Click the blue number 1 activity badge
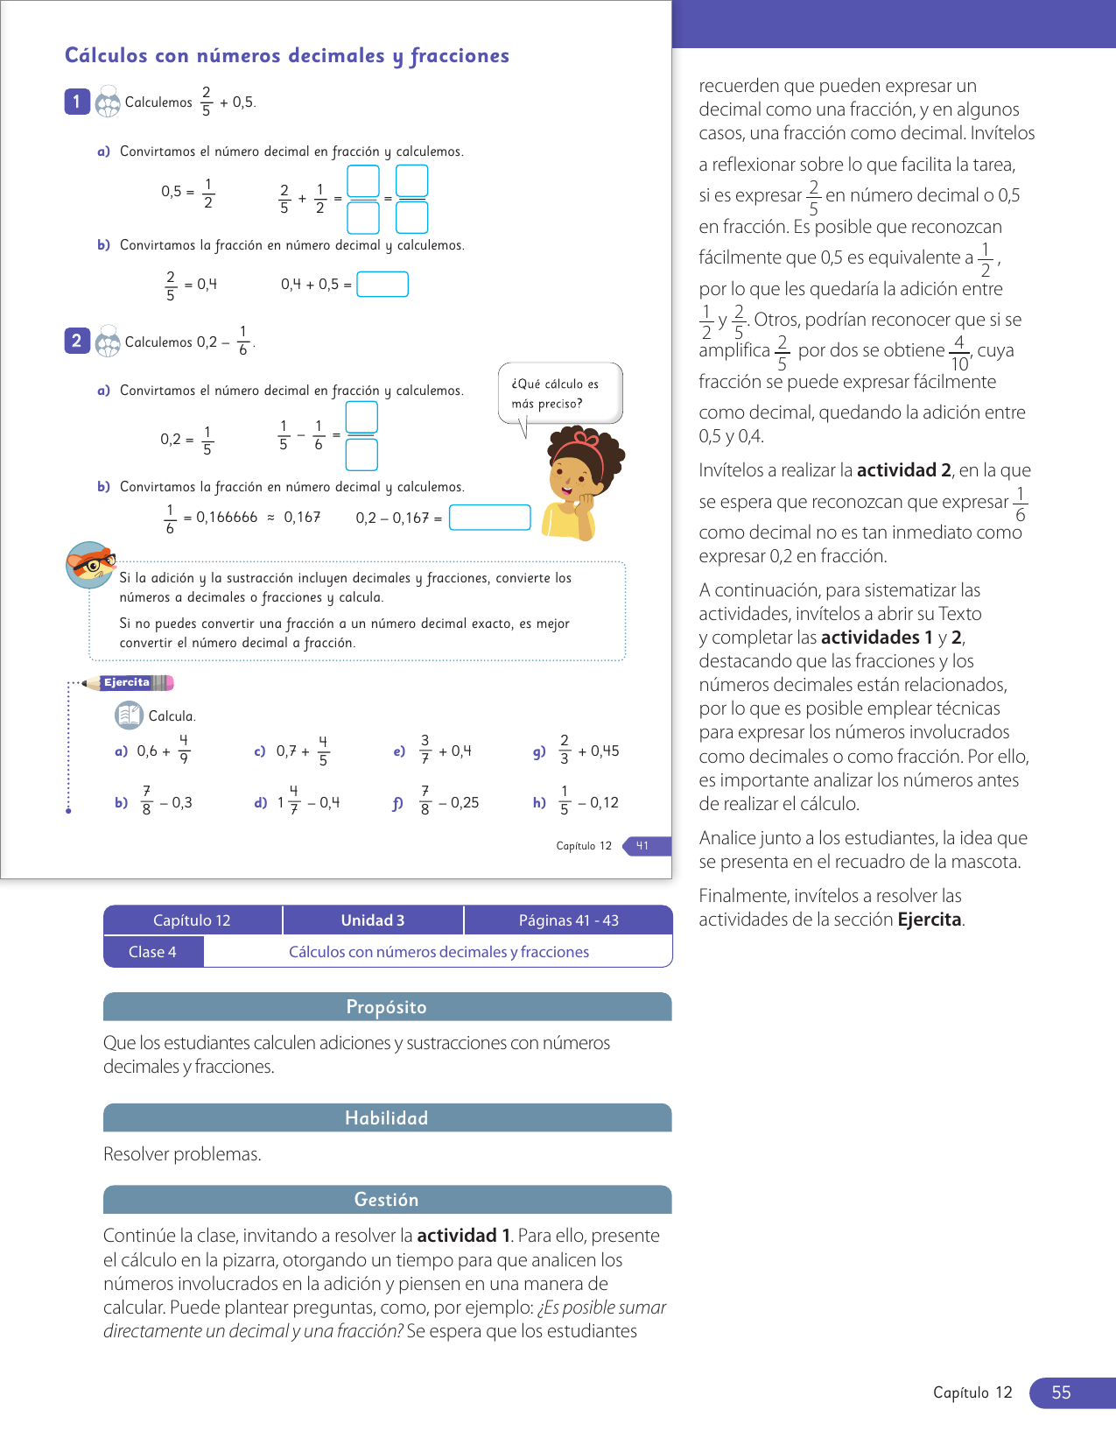tap(77, 102)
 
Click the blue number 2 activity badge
tap(77, 341)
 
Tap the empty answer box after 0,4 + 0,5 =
tap(383, 285)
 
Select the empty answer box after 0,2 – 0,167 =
tap(489, 518)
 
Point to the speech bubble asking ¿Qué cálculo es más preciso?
tap(560, 394)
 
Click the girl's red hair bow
tap(586, 439)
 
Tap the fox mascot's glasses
tap(95, 564)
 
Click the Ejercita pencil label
tap(128, 683)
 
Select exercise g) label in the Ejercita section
tap(539, 751)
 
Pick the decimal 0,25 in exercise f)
tap(465, 802)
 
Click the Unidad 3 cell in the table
tap(373, 920)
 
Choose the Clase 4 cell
tap(153, 952)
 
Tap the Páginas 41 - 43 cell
tap(568, 920)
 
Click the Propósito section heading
tap(387, 1007)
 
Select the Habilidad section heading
tap(387, 1118)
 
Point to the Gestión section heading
tap(387, 1200)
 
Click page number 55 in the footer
tap(1061, 1392)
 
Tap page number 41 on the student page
tap(642, 846)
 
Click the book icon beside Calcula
tap(129, 715)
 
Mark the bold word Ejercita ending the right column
tap(930, 920)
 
